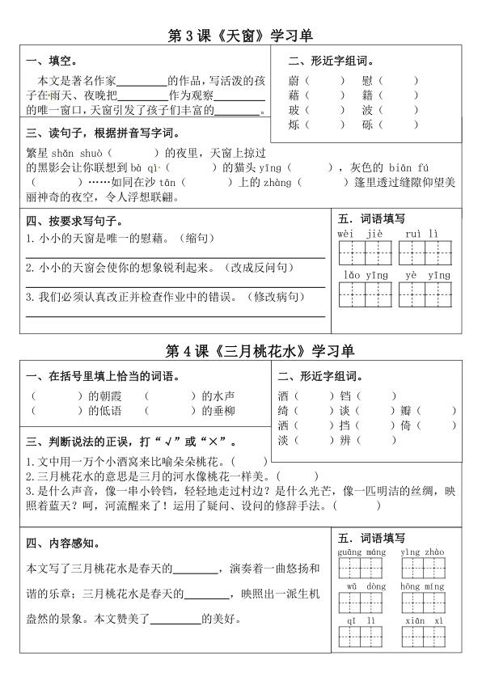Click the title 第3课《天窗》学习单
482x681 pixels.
pos(239,36)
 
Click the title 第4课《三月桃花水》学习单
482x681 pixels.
pos(260,351)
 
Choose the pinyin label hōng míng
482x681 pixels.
pos(421,586)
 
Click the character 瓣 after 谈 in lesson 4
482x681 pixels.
pos(406,411)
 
